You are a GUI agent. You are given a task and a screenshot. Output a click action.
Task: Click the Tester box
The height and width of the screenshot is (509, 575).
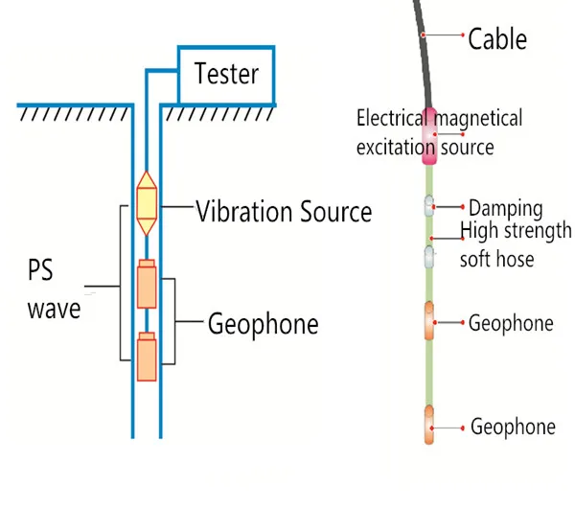tap(226, 73)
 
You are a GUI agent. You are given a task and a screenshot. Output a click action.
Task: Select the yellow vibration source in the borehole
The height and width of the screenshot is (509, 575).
tap(147, 204)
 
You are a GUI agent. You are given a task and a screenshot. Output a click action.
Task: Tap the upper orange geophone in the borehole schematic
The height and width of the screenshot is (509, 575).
tap(146, 285)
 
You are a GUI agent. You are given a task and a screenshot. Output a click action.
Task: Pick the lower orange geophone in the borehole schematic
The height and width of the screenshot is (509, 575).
tap(146, 358)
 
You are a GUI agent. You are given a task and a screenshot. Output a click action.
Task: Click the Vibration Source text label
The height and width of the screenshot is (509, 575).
tap(284, 211)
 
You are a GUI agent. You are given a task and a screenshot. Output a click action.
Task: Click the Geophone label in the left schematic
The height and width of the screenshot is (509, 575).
tap(263, 325)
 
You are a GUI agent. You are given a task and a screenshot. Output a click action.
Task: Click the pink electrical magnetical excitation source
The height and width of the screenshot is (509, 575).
tap(430, 135)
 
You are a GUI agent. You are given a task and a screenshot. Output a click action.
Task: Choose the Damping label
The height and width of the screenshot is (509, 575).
tap(505, 208)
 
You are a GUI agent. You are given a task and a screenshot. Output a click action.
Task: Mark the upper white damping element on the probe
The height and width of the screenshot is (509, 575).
tap(430, 205)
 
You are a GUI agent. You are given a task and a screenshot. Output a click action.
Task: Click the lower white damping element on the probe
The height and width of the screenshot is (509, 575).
tap(430, 256)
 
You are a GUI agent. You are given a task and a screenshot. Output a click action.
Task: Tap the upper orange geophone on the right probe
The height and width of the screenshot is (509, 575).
tap(429, 321)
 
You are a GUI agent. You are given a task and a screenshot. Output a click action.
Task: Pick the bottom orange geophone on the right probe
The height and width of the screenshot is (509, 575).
tap(429, 425)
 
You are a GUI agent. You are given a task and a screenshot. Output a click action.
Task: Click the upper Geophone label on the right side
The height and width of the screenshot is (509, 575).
tap(511, 323)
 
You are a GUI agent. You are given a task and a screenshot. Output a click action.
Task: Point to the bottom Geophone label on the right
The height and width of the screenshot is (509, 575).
tap(513, 427)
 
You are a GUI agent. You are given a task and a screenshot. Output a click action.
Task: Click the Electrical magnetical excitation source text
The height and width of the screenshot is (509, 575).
tap(439, 132)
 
